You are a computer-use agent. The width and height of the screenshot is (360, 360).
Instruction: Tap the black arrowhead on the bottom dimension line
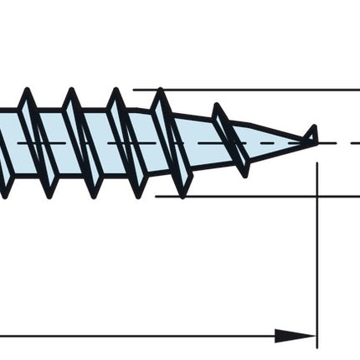coord(295,336)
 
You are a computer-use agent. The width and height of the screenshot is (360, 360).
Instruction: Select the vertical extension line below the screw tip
coord(316,251)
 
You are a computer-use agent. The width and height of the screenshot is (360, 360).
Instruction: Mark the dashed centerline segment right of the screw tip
coord(339,142)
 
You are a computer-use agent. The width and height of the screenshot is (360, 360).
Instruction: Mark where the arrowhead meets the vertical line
coord(316,336)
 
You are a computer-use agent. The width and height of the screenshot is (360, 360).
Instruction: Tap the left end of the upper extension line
coord(134,89)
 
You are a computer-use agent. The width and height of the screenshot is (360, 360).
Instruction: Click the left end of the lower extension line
coord(157,197)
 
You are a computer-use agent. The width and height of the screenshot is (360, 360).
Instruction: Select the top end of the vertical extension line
coord(316,163)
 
